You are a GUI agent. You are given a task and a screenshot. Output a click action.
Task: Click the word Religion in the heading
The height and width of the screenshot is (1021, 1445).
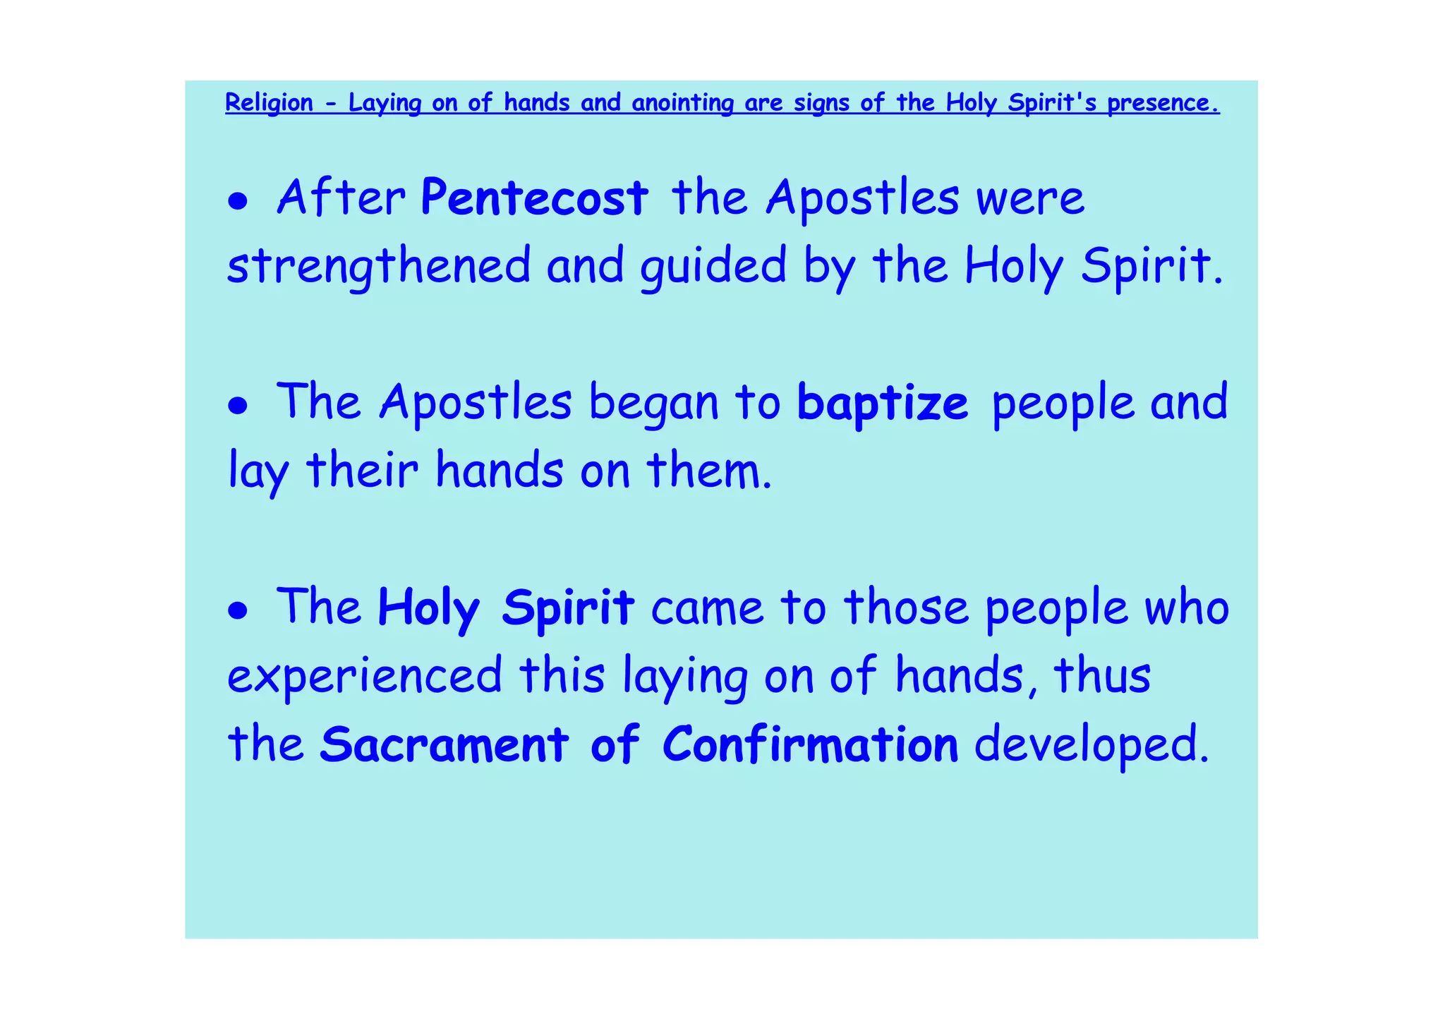(x=269, y=103)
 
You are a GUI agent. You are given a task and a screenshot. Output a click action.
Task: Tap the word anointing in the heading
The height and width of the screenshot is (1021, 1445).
(x=682, y=103)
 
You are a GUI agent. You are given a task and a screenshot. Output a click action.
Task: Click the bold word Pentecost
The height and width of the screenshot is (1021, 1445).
(x=534, y=198)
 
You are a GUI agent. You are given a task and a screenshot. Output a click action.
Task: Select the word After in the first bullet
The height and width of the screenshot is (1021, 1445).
(x=341, y=198)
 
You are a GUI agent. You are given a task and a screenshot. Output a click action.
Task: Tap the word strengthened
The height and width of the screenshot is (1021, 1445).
(x=379, y=267)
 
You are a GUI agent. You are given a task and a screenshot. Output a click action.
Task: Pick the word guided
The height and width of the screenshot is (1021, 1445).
(x=713, y=267)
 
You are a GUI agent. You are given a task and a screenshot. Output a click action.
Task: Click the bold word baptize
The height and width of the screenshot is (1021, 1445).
(x=883, y=404)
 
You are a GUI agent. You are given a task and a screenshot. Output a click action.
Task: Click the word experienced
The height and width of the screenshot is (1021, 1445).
(x=365, y=676)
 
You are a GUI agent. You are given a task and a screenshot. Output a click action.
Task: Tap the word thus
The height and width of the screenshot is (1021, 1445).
(x=1103, y=676)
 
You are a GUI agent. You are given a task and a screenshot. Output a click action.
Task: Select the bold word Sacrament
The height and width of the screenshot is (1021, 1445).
(x=444, y=744)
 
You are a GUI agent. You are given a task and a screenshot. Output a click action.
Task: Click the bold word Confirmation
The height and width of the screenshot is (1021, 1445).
(x=811, y=744)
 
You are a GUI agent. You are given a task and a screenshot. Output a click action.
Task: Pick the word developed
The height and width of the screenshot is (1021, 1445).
(x=1091, y=744)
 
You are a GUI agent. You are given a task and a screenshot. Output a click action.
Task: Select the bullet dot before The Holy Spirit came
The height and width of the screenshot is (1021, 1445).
(x=238, y=611)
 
